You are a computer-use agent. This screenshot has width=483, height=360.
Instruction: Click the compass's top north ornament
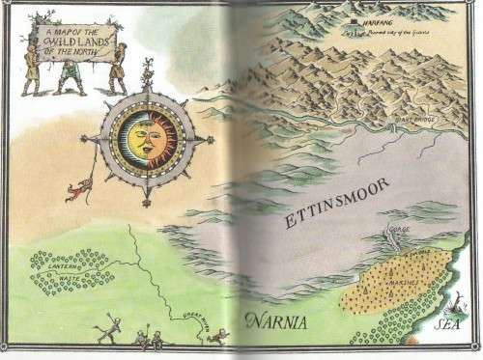(148, 71)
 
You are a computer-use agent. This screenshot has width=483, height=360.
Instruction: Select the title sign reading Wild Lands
(73, 42)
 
